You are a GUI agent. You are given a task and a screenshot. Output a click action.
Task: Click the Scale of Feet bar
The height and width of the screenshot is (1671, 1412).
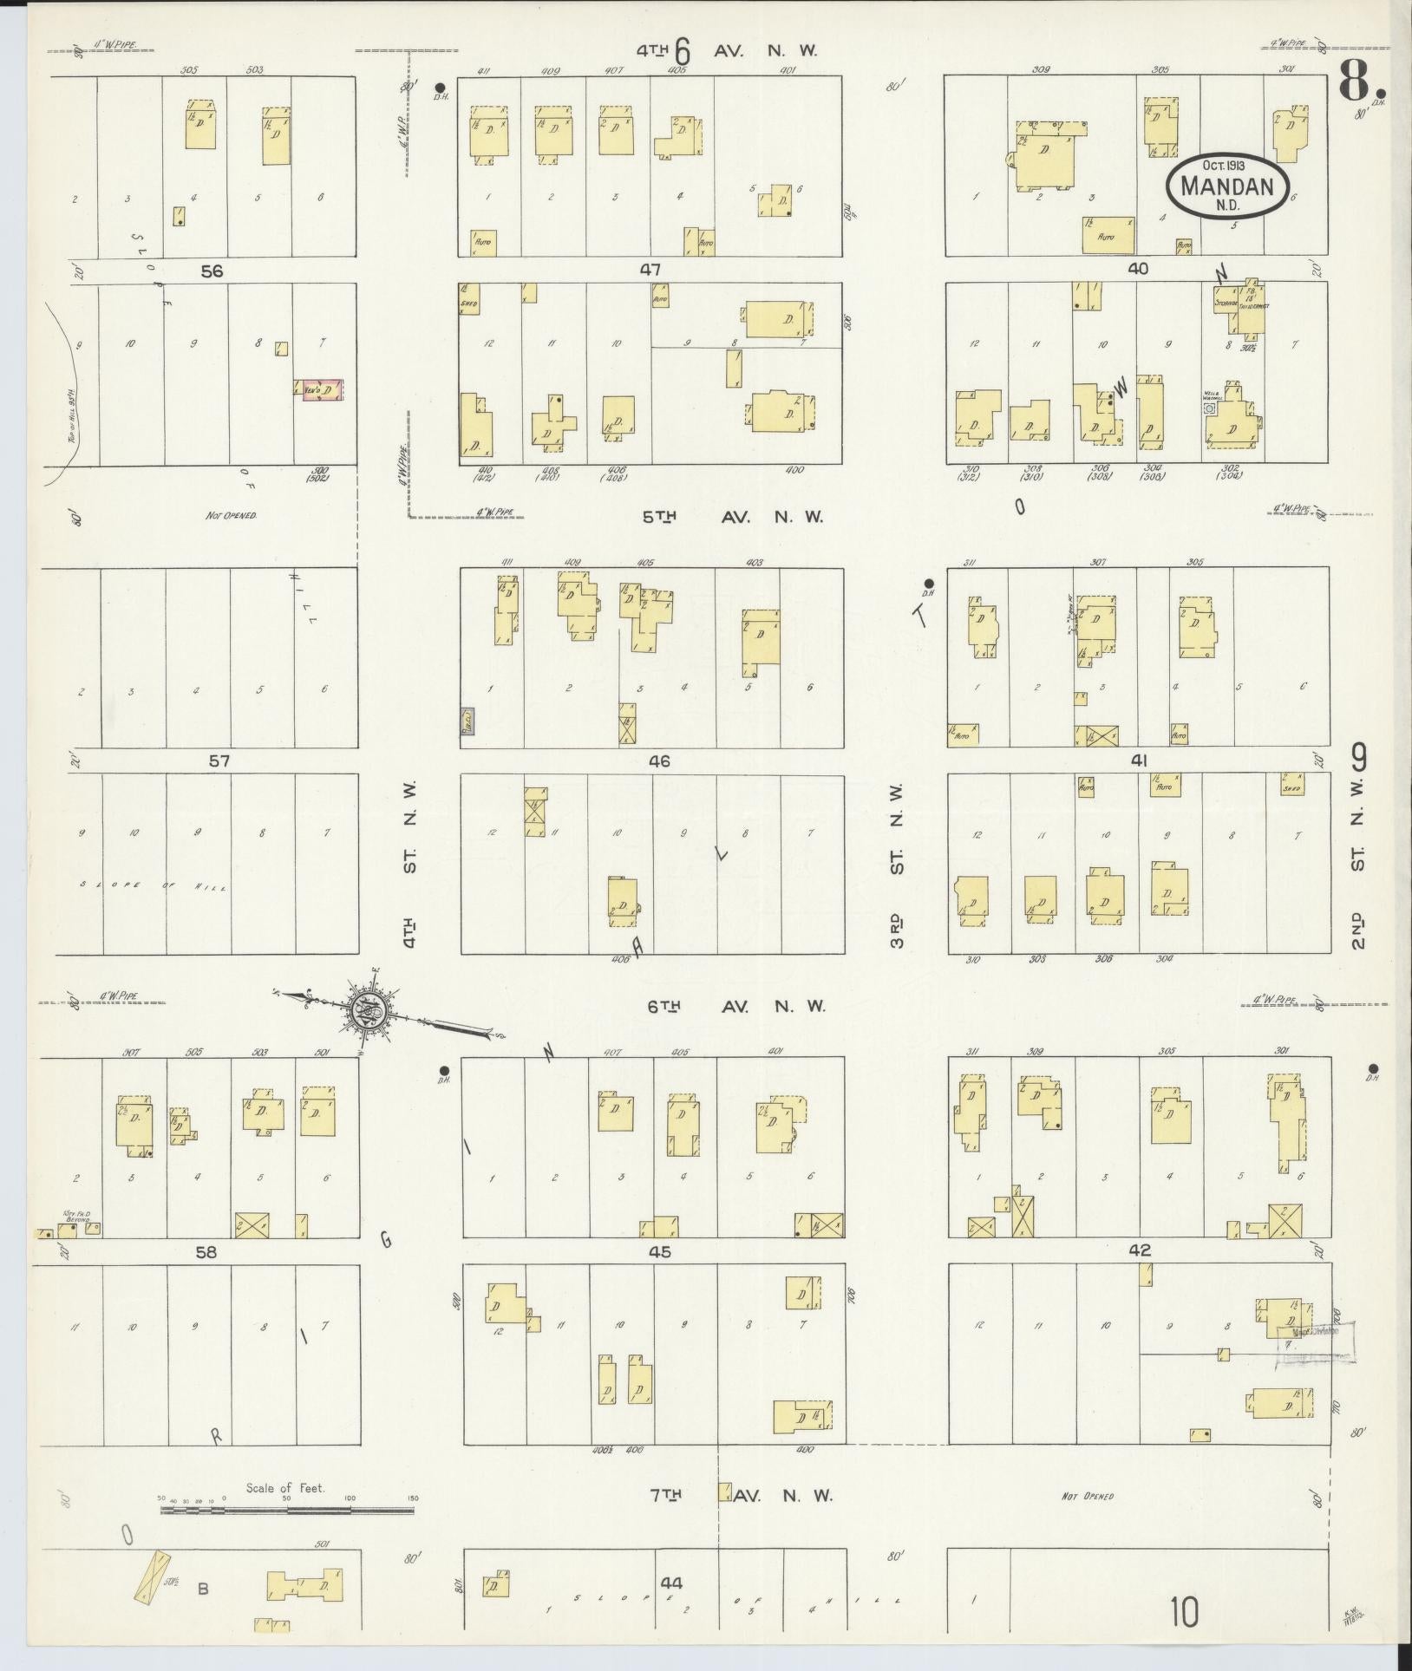(x=286, y=1510)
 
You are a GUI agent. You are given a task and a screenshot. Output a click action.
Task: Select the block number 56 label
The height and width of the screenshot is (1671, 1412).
(x=212, y=271)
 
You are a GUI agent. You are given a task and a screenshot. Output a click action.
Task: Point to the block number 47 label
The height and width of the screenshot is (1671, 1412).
(x=650, y=271)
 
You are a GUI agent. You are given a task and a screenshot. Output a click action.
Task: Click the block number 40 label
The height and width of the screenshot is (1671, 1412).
(x=1138, y=270)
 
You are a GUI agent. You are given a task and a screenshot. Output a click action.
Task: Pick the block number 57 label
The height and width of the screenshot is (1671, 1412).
(x=219, y=761)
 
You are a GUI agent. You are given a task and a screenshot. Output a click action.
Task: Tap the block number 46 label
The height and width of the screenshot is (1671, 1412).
(x=659, y=761)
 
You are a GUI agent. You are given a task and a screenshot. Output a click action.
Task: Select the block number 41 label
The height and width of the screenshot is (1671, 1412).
(x=1140, y=761)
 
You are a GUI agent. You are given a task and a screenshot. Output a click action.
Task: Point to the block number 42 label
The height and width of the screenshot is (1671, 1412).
(x=1140, y=1250)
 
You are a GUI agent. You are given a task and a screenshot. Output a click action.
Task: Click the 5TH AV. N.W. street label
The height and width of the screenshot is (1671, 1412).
(x=732, y=517)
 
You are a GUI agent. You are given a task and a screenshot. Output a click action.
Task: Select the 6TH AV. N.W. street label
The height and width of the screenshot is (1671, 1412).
(x=737, y=1007)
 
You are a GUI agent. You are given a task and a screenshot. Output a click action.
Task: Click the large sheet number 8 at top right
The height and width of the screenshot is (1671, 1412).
(x=1360, y=84)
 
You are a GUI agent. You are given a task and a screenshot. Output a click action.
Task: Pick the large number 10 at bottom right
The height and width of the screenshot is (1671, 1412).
(x=1184, y=1613)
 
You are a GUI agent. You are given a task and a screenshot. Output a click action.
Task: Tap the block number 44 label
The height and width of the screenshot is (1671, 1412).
(x=671, y=1583)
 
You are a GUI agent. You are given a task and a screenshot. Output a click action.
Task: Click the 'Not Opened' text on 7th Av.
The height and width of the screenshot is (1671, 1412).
(x=1087, y=1496)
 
